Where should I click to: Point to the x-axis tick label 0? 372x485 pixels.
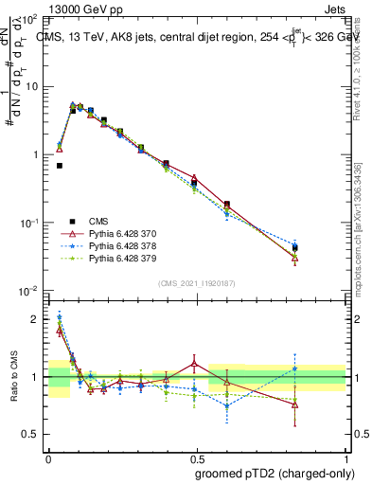pos(48,458)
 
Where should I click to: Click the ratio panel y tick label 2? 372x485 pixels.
pos(36,320)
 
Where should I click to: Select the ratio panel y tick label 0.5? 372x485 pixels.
pos(32,435)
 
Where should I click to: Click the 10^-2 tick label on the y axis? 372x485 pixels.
pos(27,291)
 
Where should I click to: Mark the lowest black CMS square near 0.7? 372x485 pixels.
pos(59,166)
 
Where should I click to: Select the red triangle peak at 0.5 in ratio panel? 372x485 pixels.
pos(194,363)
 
